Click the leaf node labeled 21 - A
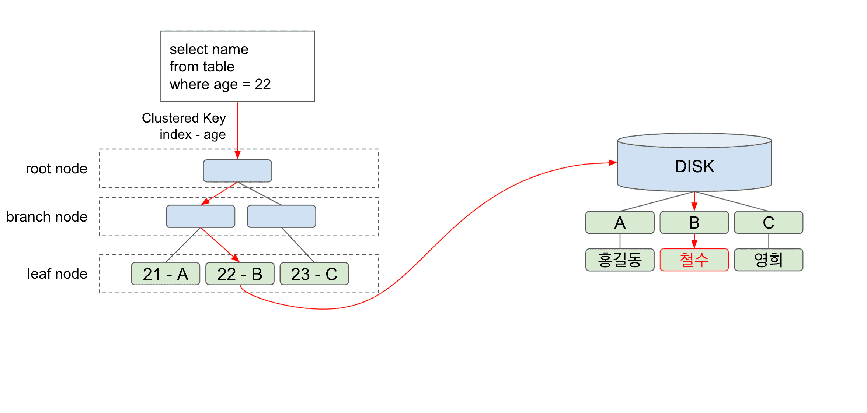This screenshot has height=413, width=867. pos(166,274)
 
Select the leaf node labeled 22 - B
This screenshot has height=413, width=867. pos(240,274)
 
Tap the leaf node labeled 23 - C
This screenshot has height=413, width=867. pos(314,274)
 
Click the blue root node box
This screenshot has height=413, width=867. pos(237,171)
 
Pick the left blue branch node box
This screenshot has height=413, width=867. pos(201,216)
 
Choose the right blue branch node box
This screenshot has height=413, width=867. pos(281,216)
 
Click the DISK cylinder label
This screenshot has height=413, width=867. pos(694,166)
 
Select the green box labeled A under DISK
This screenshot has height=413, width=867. pos(620,223)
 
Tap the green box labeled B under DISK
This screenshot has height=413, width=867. pos(694,223)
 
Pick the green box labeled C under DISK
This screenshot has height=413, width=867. pos(769,223)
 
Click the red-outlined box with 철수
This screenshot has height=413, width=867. pos(694,260)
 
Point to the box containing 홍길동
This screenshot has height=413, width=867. pos(620,260)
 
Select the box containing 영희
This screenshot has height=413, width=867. pos(769,260)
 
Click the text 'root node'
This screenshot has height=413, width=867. pos(56,169)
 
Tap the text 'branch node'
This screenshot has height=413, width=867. pos(47,217)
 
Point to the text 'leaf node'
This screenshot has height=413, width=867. pos(57,274)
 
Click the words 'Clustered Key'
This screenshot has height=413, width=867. pos(184,118)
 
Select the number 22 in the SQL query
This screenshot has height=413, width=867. pos(263,84)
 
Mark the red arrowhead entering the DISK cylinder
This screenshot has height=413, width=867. pos(613,163)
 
